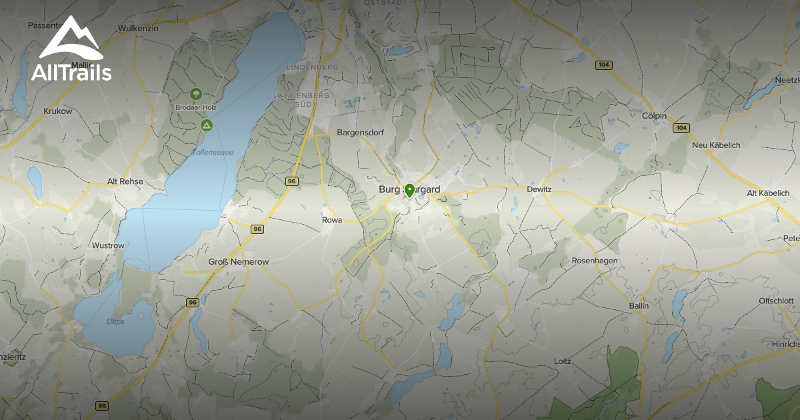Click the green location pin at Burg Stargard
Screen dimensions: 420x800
point(409,191)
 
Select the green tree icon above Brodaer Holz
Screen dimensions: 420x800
point(195,94)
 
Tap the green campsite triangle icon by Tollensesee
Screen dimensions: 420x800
point(207,125)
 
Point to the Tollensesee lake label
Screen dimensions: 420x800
point(213,153)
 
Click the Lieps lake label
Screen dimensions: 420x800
point(115,321)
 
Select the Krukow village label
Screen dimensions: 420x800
point(57,111)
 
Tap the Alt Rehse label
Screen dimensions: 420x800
point(125,181)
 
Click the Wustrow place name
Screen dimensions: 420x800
point(108,245)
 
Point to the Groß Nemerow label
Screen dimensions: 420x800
point(239,262)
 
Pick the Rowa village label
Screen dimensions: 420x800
point(331,219)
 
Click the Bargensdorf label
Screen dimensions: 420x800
point(361,133)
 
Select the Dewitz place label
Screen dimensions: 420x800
point(539,189)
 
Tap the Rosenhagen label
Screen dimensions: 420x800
point(595,260)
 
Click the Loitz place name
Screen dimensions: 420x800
point(563,361)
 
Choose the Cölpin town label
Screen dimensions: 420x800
point(653,115)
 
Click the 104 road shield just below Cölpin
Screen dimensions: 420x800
point(680,128)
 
